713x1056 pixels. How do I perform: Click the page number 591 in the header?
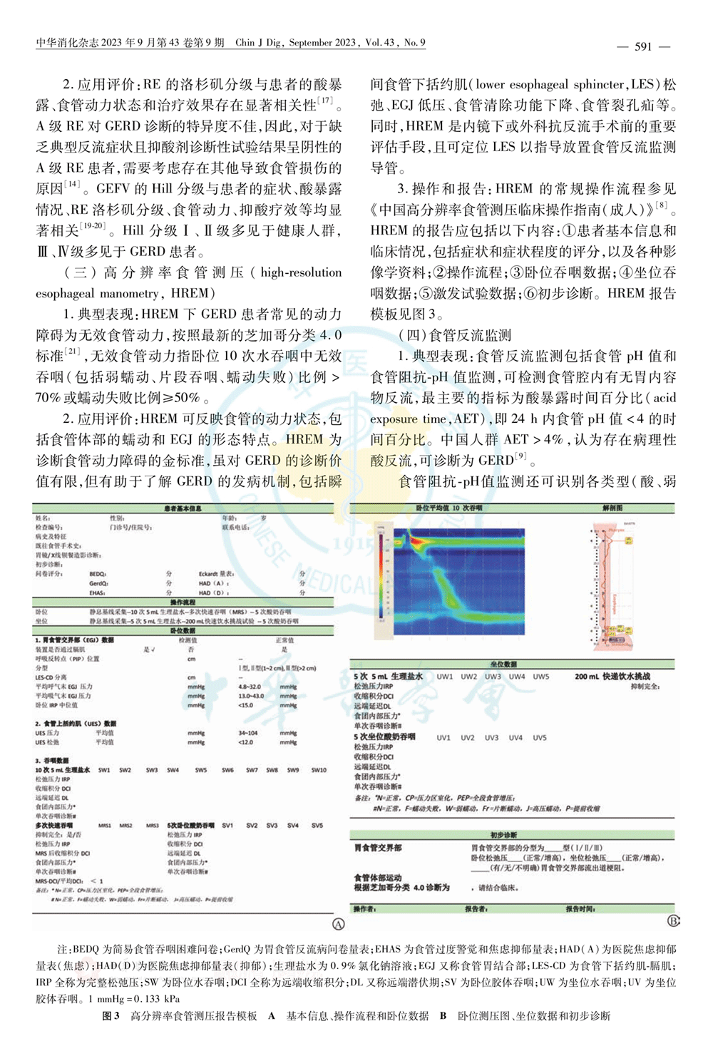pyautogui.click(x=643, y=46)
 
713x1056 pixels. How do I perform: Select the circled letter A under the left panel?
pyautogui.click(x=339, y=924)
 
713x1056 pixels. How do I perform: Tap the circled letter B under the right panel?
pyautogui.click(x=673, y=921)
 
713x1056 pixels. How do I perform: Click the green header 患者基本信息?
pyautogui.click(x=183, y=508)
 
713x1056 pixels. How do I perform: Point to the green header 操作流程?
pyautogui.click(x=183, y=603)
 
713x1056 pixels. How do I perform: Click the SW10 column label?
pyautogui.click(x=318, y=770)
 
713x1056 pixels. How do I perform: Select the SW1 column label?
pyautogui.click(x=104, y=770)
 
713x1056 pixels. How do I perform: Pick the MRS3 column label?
pyautogui.click(x=152, y=825)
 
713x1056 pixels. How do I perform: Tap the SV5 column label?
pyautogui.click(x=317, y=825)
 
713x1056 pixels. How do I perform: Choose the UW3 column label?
pyautogui.click(x=493, y=677)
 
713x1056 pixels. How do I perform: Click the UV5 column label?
pyautogui.click(x=540, y=738)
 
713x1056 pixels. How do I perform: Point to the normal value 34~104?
pyautogui.click(x=248, y=733)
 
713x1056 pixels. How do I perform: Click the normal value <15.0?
pyautogui.click(x=245, y=705)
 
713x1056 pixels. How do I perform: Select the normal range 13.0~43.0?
pyautogui.click(x=251, y=696)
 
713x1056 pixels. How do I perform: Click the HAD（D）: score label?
pyautogui.click(x=212, y=593)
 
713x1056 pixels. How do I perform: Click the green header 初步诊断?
pyautogui.click(x=503, y=835)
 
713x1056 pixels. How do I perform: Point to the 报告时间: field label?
pyautogui.click(x=580, y=909)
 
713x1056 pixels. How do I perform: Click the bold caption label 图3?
pyautogui.click(x=111, y=1015)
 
